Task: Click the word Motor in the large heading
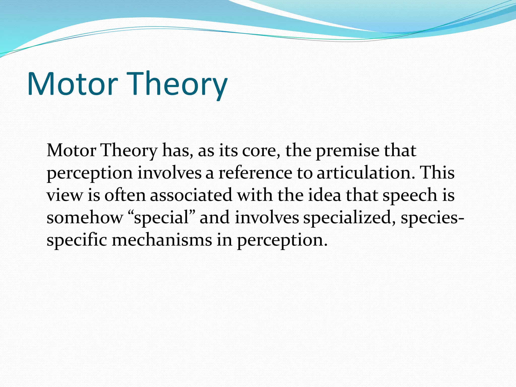72,84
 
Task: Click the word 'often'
125,195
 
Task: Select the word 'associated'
191,195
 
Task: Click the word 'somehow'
85,218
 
